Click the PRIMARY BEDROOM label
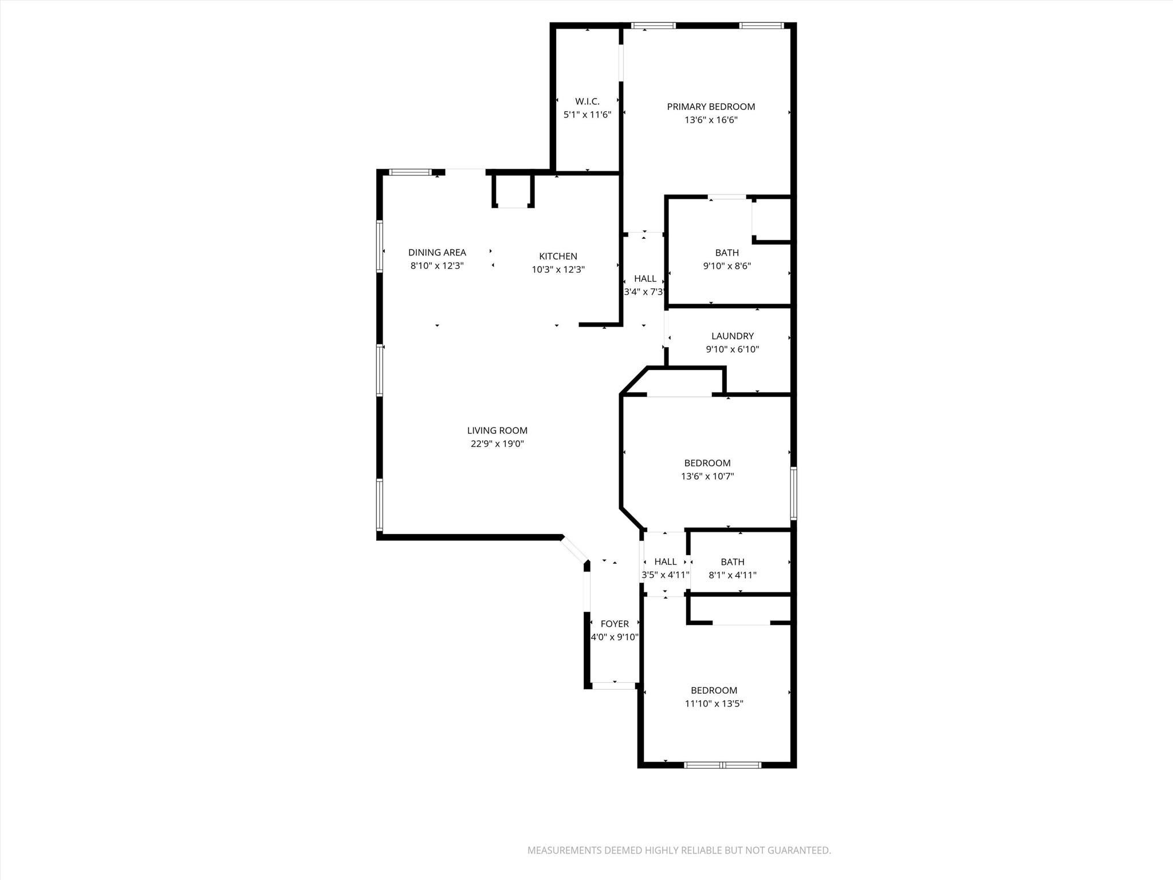click(711, 107)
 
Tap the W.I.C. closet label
click(587, 101)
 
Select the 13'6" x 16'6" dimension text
click(711, 120)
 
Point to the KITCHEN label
click(558, 256)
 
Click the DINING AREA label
click(437, 252)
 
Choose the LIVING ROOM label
click(497, 430)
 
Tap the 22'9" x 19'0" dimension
click(497, 444)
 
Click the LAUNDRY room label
click(732, 336)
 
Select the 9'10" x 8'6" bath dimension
click(727, 266)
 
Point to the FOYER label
click(615, 623)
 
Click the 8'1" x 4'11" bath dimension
click(733, 575)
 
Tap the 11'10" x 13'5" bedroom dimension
click(714, 704)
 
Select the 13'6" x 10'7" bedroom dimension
click(707, 476)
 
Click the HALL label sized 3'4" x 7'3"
click(645, 278)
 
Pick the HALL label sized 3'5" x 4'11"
click(665, 561)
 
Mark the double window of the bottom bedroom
click(723, 765)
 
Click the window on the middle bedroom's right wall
click(793, 493)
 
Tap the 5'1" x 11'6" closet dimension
click(587, 115)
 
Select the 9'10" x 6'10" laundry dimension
click(732, 349)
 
